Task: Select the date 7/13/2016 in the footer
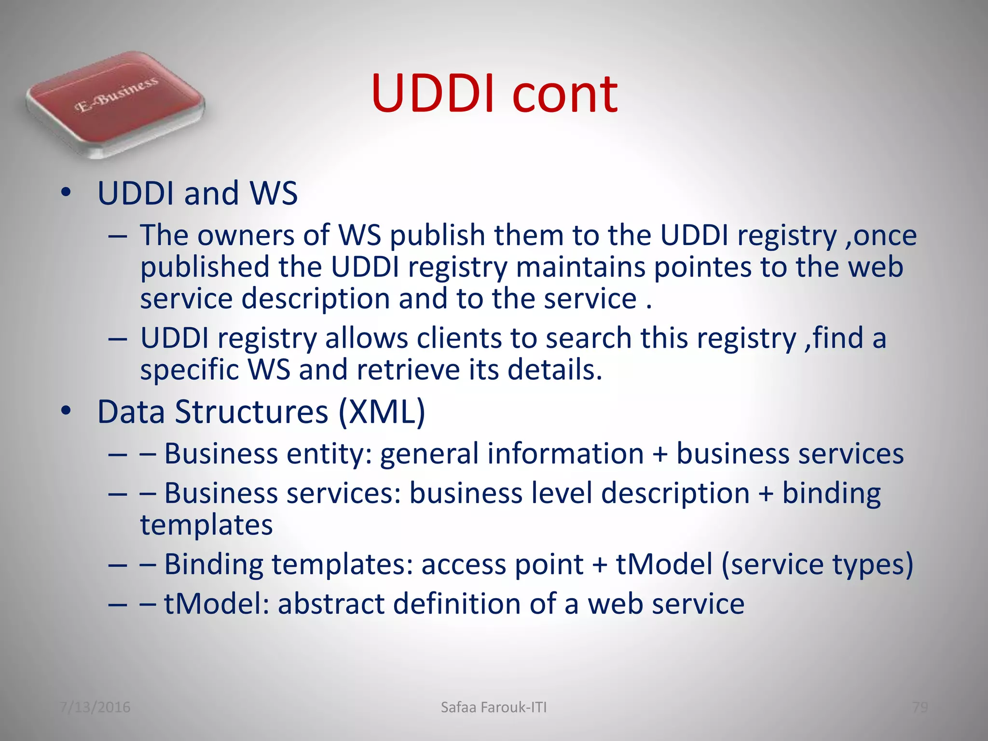[95, 707]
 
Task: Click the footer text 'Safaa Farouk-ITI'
[494, 707]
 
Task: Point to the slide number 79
[920, 707]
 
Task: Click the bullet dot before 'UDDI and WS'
[66, 193]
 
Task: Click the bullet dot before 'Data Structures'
[66, 412]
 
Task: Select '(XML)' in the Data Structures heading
[382, 412]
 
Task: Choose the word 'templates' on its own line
[206, 525]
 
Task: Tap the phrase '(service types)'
[817, 564]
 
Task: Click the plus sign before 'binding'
[766, 494]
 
